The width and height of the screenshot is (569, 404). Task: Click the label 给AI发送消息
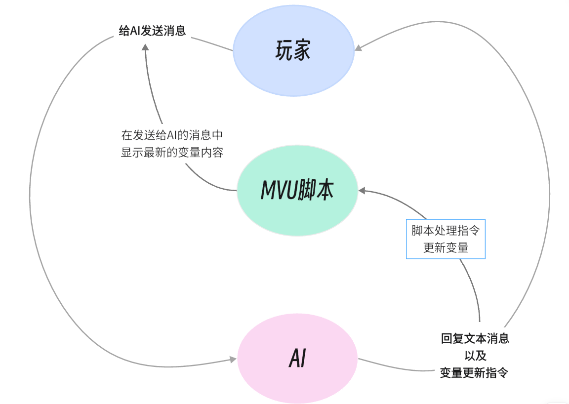[x=153, y=31]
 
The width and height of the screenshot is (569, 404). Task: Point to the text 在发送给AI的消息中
[x=172, y=135]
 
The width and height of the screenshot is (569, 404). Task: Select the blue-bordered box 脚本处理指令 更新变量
[x=446, y=239]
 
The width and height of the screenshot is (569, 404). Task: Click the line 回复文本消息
[x=475, y=338]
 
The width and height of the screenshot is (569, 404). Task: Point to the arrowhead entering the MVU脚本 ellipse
[x=362, y=190]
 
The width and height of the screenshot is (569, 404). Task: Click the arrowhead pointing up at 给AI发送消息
[x=145, y=46]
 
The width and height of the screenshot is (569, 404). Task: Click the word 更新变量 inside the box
[x=446, y=248]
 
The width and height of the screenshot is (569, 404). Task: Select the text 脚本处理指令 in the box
[x=446, y=231]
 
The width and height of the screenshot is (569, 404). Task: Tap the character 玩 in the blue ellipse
[x=284, y=51]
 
